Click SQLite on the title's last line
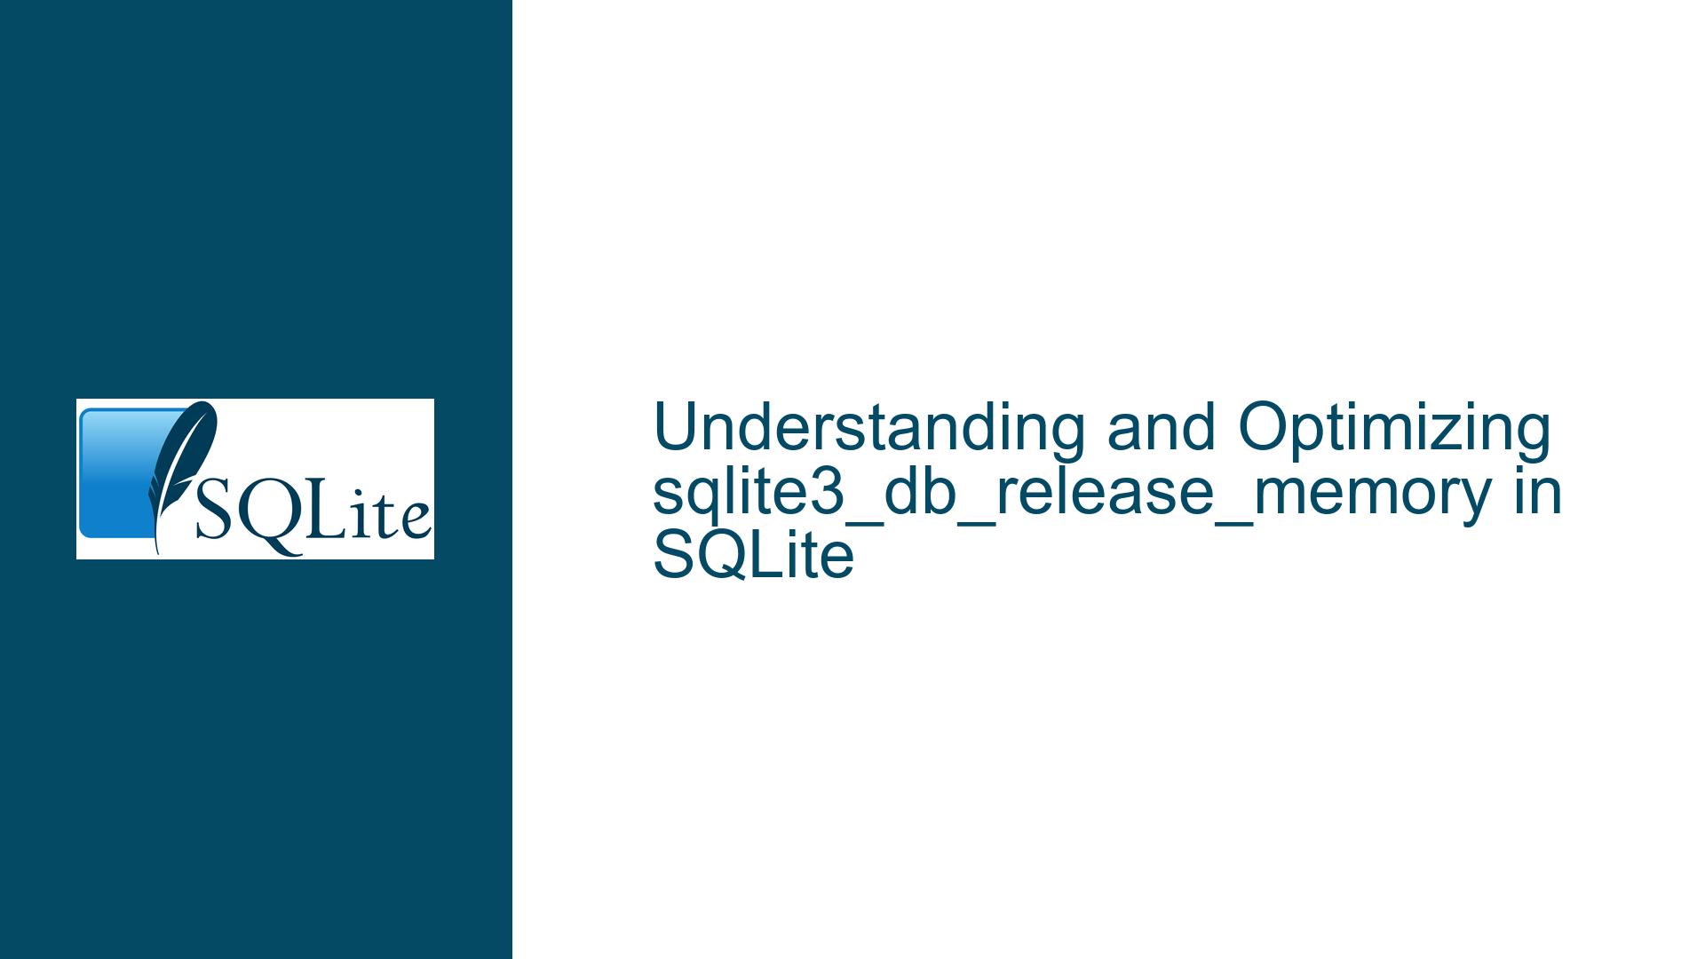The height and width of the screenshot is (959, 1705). pyautogui.click(x=753, y=556)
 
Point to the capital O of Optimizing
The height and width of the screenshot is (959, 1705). pyautogui.click(x=1263, y=428)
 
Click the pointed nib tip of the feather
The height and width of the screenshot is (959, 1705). pyautogui.click(x=157, y=552)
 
